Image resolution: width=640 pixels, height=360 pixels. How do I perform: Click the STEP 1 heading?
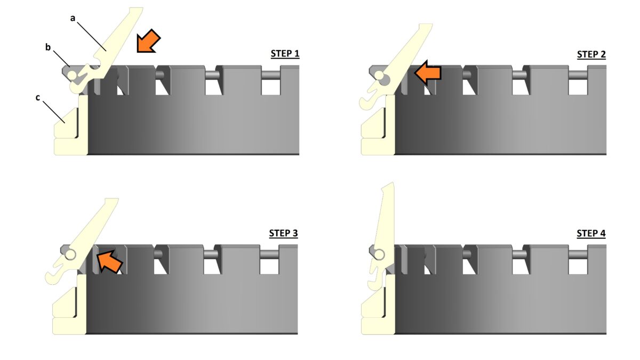coord(285,54)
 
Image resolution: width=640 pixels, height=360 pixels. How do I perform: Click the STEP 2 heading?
coord(591,54)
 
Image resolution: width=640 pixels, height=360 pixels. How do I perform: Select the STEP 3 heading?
coord(283,233)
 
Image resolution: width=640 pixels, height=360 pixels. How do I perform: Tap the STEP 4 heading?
coord(591,234)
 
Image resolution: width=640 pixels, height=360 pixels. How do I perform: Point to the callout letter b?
coord(48,47)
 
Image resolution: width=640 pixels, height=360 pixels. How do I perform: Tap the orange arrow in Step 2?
coord(428,73)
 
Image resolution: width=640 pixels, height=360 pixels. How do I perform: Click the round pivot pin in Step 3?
coord(70,255)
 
